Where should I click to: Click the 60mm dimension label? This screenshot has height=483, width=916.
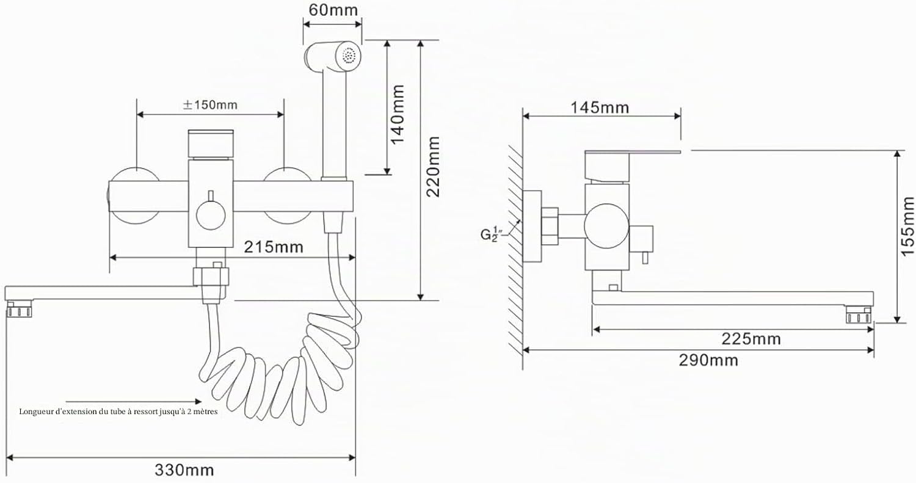[x=333, y=10]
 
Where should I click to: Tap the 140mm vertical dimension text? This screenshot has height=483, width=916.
[x=398, y=115]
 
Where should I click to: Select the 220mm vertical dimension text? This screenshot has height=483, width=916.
[x=432, y=167]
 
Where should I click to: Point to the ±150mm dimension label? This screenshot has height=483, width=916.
[x=210, y=105]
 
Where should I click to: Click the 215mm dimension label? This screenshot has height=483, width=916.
[x=274, y=247]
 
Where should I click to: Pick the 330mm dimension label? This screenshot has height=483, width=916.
[x=184, y=470]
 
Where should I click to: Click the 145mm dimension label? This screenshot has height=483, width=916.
[x=600, y=107]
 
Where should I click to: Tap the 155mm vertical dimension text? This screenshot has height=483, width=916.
[x=907, y=226]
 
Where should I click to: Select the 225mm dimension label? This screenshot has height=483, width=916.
[x=751, y=339]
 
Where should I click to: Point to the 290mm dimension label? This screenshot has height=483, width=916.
[x=708, y=360]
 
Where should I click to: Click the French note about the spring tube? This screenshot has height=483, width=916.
[x=118, y=412]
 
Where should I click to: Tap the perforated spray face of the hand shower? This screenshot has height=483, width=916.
[x=349, y=56]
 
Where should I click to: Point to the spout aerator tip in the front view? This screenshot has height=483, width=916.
[x=19, y=310]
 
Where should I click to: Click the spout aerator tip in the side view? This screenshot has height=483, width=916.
[x=859, y=316]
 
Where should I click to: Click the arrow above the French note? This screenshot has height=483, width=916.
[x=134, y=402]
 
